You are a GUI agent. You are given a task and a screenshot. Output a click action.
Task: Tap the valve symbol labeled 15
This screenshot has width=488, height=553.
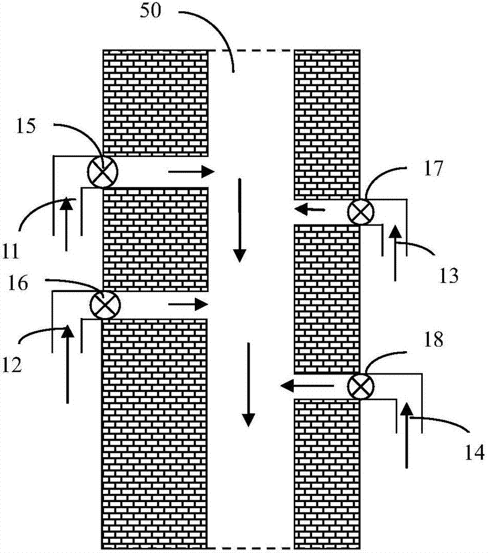click(x=103, y=170)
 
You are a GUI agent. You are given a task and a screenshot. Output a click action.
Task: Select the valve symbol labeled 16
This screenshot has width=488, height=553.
click(x=103, y=304)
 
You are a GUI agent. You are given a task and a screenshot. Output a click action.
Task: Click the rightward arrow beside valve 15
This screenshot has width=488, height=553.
click(x=191, y=172)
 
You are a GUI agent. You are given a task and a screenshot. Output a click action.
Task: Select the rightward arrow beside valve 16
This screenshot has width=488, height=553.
click(x=188, y=304)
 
